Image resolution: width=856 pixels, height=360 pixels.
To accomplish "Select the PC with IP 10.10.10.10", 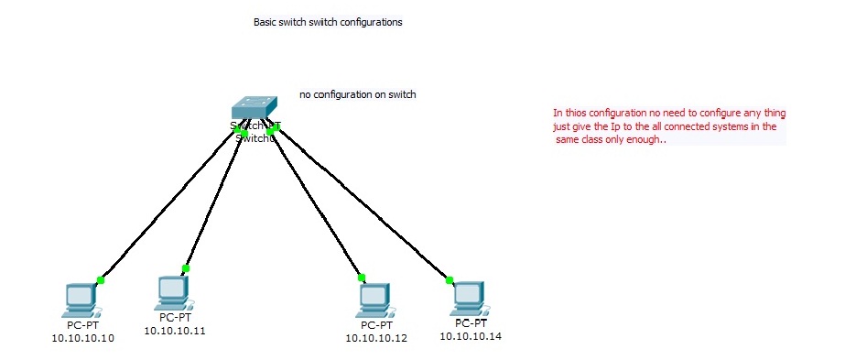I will [x=81, y=299].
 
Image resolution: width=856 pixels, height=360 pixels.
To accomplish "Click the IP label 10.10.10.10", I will [x=83, y=338].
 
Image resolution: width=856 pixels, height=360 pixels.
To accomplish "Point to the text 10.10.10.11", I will [x=174, y=331].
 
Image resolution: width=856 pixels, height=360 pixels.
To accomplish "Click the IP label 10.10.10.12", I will [x=376, y=338].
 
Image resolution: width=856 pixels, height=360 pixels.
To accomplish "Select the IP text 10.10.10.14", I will [x=471, y=336].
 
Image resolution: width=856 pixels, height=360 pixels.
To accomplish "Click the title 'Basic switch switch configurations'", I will [x=327, y=21].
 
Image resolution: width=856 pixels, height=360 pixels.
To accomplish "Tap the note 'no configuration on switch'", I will [x=358, y=94].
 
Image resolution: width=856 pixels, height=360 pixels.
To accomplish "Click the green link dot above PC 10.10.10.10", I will [x=101, y=280].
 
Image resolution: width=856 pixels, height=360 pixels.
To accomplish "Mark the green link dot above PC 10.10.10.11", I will [x=185, y=268].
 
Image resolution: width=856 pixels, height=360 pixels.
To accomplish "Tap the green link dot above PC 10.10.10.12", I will [x=361, y=277].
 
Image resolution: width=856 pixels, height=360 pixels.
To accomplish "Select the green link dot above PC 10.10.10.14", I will [x=450, y=279].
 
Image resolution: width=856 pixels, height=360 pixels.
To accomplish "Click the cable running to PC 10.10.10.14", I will [x=366, y=205].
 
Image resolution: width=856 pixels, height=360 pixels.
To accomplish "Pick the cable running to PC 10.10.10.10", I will [x=165, y=209].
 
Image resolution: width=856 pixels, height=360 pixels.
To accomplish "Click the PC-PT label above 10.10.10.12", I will [x=375, y=325].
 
